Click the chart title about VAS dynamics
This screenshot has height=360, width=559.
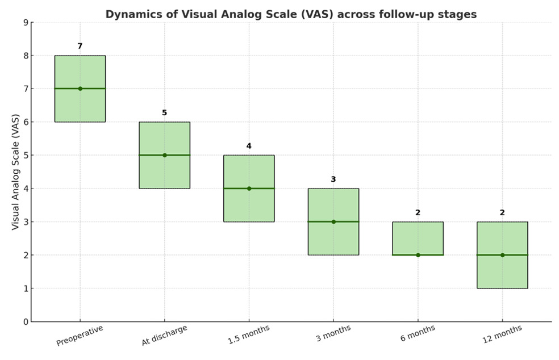coord(291,15)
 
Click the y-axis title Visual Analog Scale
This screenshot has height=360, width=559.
coord(15,171)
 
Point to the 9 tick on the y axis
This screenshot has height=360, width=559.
coord(25,23)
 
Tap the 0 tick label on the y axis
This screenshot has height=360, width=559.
coord(25,322)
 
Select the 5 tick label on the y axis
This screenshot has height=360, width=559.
coord(25,155)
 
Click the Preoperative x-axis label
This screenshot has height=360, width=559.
coord(80,335)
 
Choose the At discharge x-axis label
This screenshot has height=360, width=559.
coord(164,335)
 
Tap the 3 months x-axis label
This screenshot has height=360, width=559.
coord(333,333)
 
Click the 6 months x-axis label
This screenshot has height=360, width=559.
coord(418,333)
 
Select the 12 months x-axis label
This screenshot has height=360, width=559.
coord(502,334)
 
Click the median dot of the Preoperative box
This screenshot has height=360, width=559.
coord(80,89)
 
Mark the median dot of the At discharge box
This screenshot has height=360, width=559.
coord(165,155)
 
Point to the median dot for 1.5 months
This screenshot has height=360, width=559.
coord(249,189)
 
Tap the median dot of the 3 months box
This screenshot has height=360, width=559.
coord(333,221)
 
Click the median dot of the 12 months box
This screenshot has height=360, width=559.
coord(502,255)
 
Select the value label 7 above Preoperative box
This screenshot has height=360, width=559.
coord(80,46)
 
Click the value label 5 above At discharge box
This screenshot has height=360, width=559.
coord(165,113)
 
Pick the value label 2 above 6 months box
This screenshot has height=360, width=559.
coord(418,212)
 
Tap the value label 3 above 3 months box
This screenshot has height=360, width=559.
coord(333,179)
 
